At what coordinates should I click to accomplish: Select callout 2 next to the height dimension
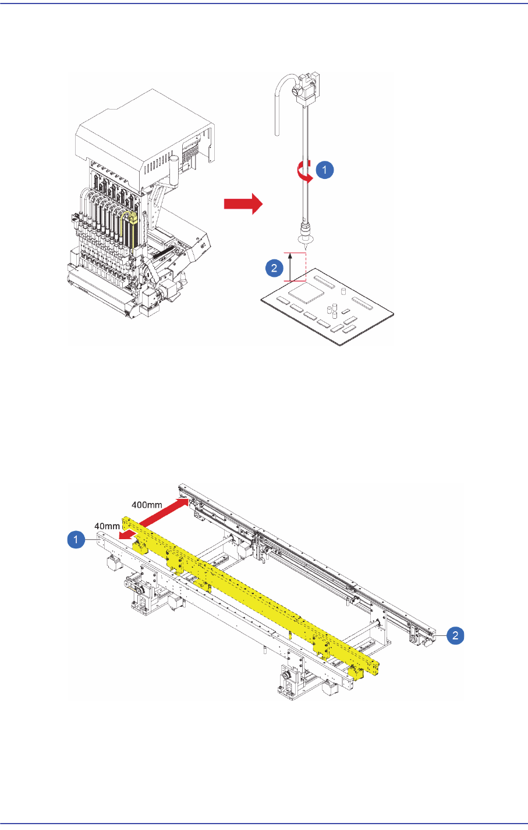(274, 269)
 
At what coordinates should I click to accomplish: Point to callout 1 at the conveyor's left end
(76, 541)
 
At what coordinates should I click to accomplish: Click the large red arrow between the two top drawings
(243, 204)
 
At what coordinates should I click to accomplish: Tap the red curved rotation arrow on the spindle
(304, 173)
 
